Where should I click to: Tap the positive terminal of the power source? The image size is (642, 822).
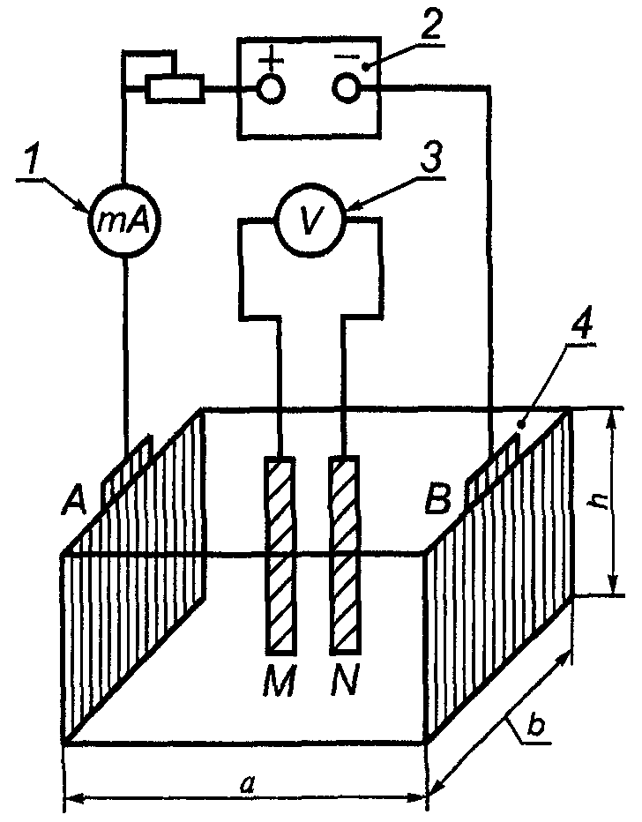[272, 88]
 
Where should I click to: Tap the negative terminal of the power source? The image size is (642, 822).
[347, 87]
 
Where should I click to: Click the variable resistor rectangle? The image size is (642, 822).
[175, 87]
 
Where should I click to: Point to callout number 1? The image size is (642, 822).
[32, 161]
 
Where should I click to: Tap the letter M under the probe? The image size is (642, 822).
[280, 681]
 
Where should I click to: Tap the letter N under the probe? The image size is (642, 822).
[344, 681]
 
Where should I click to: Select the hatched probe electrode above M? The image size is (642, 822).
[280, 556]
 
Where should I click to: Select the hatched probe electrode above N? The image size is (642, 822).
[344, 556]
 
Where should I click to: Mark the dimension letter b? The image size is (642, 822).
[535, 727]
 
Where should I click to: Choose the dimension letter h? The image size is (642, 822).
[596, 502]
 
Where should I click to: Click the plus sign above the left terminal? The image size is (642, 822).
[271, 59]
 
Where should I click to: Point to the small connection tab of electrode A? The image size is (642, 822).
[127, 468]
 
